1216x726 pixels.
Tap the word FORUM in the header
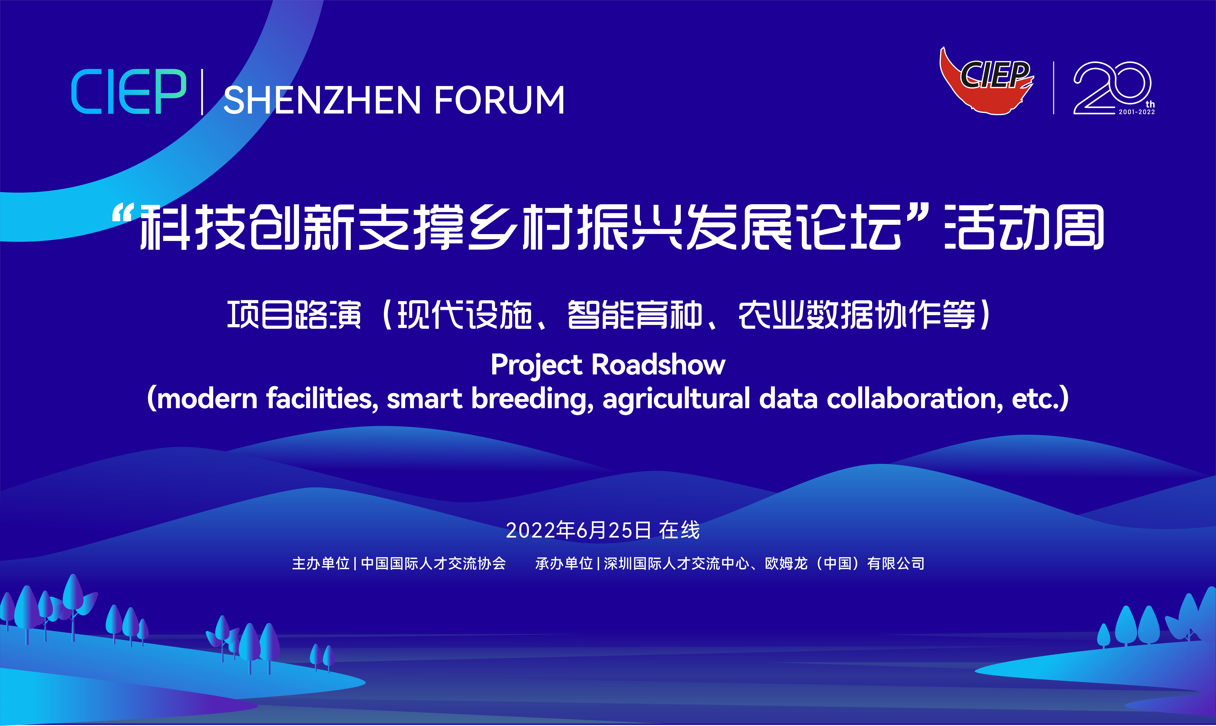pos(499,100)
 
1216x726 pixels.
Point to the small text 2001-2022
pos(1137,112)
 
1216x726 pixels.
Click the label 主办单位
pos(321,564)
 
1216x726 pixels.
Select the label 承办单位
pos(564,564)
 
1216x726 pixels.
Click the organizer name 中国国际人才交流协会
pos(433,564)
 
